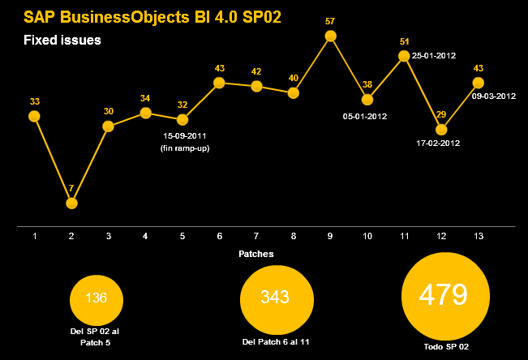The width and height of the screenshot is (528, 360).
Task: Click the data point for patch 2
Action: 71,203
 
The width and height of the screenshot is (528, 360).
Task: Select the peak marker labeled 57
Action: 330,36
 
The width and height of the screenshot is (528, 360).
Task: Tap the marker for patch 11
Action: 404,56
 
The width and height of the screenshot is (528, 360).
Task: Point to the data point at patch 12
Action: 441,129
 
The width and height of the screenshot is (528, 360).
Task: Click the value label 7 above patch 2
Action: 71,189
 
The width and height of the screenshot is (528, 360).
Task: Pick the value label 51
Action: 404,41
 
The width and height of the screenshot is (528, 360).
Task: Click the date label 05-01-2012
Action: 365,116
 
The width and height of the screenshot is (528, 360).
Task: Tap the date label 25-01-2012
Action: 434,56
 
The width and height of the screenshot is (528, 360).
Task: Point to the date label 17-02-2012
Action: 439,144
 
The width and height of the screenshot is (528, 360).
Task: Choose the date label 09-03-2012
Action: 494,96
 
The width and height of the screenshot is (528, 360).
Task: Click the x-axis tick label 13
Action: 479,236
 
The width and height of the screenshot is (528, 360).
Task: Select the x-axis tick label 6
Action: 219,236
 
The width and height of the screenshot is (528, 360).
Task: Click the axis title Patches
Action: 256,254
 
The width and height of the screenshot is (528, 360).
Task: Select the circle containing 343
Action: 276,297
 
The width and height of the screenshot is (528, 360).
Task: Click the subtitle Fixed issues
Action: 62,40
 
